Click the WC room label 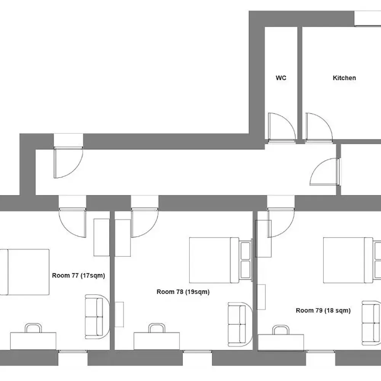click(x=281, y=78)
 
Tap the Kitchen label click(x=344, y=78)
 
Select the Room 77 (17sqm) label click(x=78, y=275)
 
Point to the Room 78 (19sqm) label click(x=183, y=292)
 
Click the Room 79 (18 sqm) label click(x=323, y=311)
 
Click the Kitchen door click(x=318, y=128)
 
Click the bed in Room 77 click(x=25, y=272)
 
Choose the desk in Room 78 click(x=156, y=341)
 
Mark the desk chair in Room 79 click(x=281, y=330)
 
